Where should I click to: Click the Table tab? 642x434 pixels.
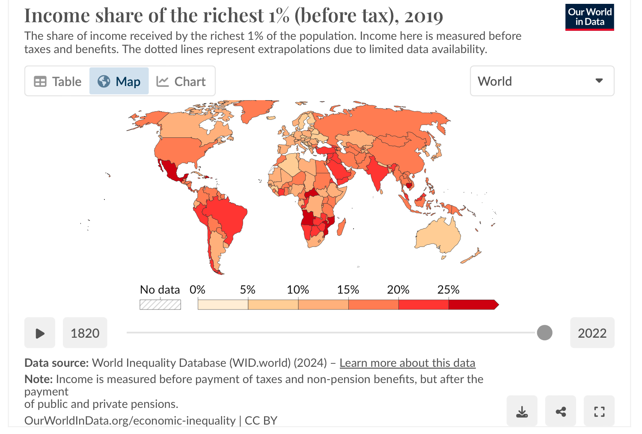[x=58, y=81]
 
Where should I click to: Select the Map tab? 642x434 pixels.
[x=119, y=81]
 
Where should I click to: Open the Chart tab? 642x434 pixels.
[x=181, y=81]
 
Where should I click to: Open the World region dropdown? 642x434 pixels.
[x=542, y=81]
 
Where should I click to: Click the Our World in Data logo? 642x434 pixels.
[x=589, y=17]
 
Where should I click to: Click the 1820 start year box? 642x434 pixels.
[x=85, y=333]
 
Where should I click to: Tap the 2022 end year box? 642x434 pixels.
[x=592, y=333]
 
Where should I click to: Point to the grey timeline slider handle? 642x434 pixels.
[x=544, y=333]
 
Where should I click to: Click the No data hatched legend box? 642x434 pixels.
[x=160, y=305]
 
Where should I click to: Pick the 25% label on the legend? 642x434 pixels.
[x=448, y=290]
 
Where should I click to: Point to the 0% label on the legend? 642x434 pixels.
[x=197, y=290]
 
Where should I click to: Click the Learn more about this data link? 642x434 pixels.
[x=407, y=363]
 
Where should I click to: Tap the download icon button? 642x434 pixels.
[x=522, y=412]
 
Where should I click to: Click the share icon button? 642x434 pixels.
[x=560, y=412]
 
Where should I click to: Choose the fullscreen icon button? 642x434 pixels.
[x=599, y=412]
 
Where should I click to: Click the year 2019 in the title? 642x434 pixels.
[x=424, y=16]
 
